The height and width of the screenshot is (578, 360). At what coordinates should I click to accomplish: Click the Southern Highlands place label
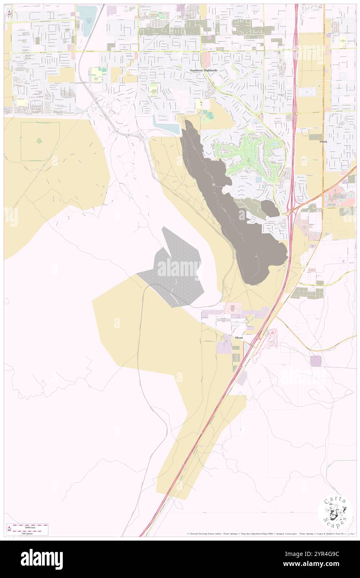pos(204,70)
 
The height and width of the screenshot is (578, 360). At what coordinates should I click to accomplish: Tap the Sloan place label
pos(239,338)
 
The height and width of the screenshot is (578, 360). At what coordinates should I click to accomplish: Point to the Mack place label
pos(323,141)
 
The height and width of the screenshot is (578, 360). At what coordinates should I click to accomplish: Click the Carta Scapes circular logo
pos(335,512)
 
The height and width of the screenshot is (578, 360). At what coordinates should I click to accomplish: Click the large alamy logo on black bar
pos(42,559)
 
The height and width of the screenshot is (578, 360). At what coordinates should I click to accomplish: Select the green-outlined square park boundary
pos(40,142)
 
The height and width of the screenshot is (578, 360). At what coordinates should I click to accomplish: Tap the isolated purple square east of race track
pos(316,361)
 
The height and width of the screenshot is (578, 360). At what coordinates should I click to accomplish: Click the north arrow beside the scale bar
pos(9,529)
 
